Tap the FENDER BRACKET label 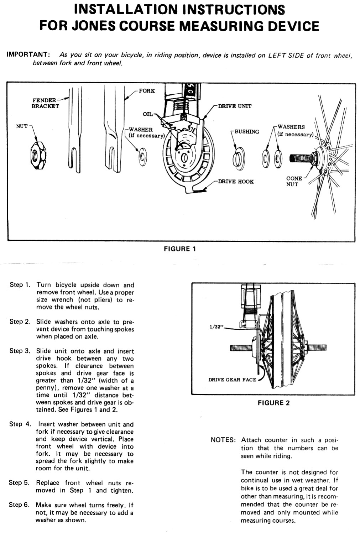tap(45, 103)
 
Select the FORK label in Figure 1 tap(147, 91)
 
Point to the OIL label tap(147, 114)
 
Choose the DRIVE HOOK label tap(236, 182)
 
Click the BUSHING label tap(246, 132)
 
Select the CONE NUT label tap(294, 181)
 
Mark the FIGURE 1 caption tap(179, 249)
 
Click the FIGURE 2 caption tap(273, 403)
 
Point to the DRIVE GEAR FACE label tap(232, 380)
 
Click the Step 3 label tap(20, 351)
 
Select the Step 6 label tap(19, 505)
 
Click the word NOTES tap(223, 440)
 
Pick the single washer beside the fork tap(143, 156)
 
